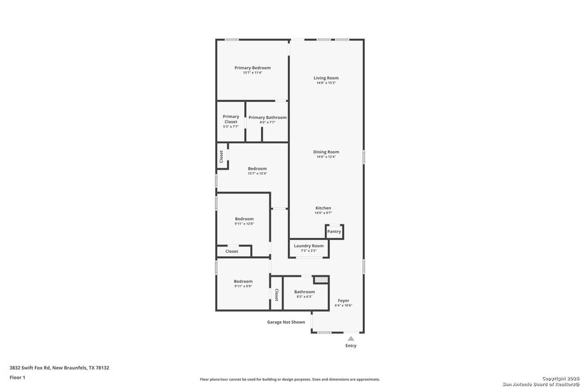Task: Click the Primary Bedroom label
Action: (x=252, y=68)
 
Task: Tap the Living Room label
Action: (x=326, y=78)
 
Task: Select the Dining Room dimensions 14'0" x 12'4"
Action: (x=326, y=157)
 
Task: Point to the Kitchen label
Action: (x=323, y=208)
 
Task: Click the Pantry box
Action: (x=334, y=231)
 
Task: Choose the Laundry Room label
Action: (x=309, y=246)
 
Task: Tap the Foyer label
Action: (x=343, y=301)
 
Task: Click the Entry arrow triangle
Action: (x=351, y=338)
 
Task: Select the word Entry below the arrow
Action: (x=351, y=346)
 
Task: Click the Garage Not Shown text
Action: (x=286, y=322)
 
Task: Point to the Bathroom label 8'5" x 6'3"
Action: (x=304, y=292)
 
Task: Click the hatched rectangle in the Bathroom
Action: (x=320, y=280)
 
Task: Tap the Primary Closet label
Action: (x=231, y=119)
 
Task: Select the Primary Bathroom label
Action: (x=267, y=117)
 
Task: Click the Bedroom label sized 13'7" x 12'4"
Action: (x=257, y=168)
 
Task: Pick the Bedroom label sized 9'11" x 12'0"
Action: (x=244, y=219)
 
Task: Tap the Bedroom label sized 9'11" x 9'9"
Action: (x=243, y=281)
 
